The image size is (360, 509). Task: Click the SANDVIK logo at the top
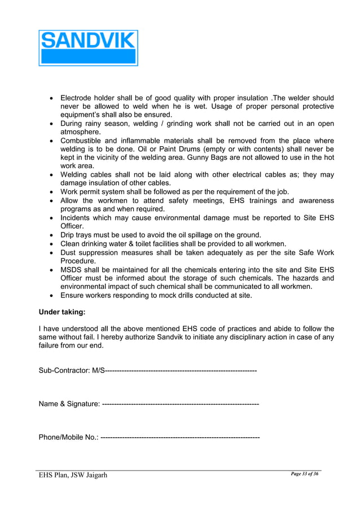tap(88, 47)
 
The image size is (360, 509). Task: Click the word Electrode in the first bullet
tap(79, 98)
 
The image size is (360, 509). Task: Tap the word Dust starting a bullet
tap(69, 253)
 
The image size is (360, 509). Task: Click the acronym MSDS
tap(72, 270)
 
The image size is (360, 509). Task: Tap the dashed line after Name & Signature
tap(181, 403)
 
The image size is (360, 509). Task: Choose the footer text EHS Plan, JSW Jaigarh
tap(72, 475)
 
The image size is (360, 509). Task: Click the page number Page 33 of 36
tap(305, 473)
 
